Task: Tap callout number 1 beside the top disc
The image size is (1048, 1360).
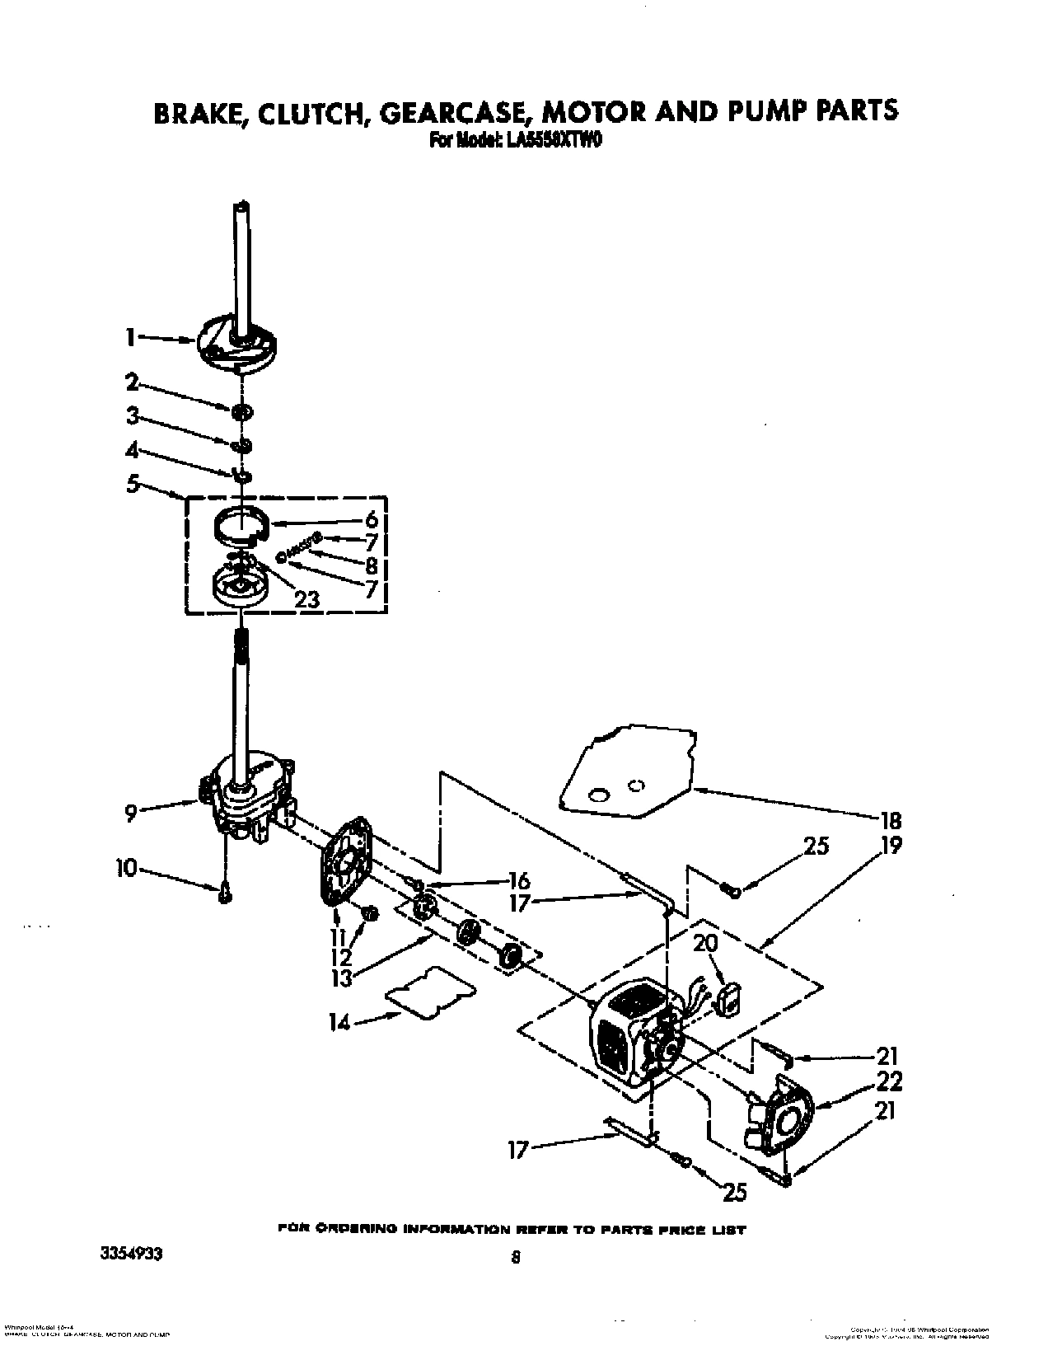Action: click(130, 336)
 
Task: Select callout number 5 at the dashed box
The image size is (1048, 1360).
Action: click(133, 484)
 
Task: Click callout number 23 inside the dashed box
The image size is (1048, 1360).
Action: click(306, 599)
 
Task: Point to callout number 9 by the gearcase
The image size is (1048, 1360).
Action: click(131, 814)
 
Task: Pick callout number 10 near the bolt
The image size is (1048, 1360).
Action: click(127, 868)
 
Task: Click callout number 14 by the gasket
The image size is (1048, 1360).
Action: click(339, 1023)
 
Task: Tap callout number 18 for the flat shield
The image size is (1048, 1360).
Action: click(891, 820)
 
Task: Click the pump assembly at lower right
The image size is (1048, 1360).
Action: click(779, 1121)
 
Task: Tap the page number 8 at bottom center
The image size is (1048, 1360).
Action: click(515, 1259)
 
